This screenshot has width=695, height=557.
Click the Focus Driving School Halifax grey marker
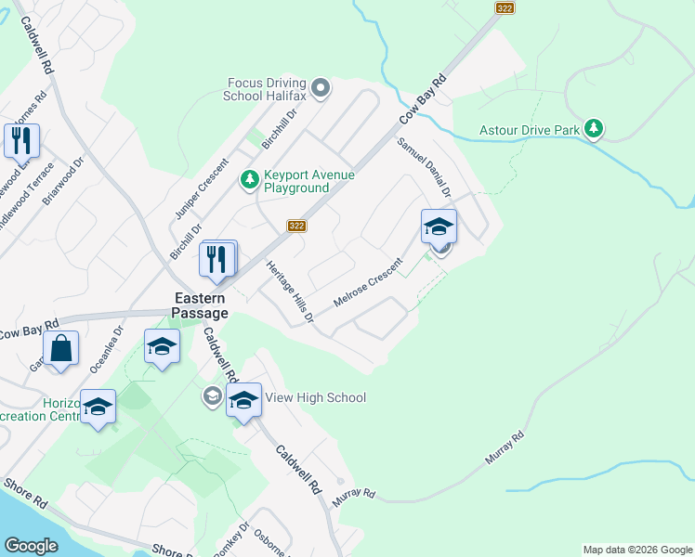[x=321, y=88]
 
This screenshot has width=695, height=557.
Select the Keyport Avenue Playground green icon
[x=249, y=178]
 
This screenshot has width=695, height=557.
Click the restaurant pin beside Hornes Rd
[x=20, y=141]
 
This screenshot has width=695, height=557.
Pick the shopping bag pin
[x=60, y=350]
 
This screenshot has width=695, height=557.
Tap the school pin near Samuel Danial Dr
[x=439, y=226]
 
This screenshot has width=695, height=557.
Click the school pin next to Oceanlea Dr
[x=162, y=347]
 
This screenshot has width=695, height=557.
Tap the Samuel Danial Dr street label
[x=425, y=168]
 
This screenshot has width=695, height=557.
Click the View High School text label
[x=316, y=397]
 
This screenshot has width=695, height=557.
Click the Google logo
[x=32, y=545]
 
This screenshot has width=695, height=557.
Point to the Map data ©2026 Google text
[x=637, y=550]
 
